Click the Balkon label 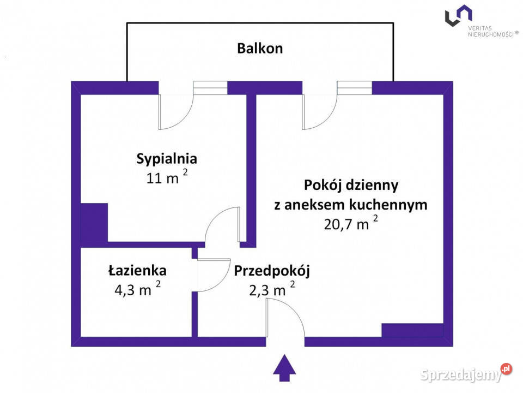tap(260, 48)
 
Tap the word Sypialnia tap(166, 159)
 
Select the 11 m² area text tap(167, 178)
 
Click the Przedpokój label tap(272, 270)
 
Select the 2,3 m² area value tap(271, 290)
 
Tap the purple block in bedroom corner tap(94, 222)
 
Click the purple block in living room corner tap(412, 330)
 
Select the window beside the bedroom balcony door tap(210, 88)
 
